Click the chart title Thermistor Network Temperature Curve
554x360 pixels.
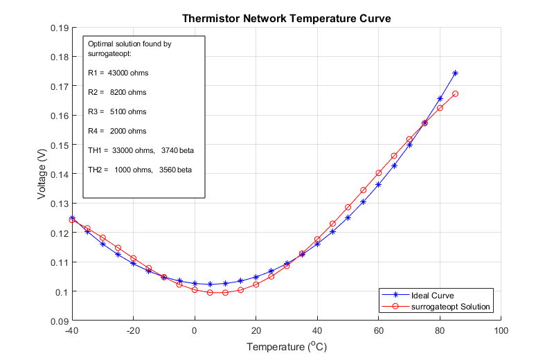pyautogui.click(x=286, y=19)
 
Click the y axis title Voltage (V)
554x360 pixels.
pyautogui.click(x=42, y=174)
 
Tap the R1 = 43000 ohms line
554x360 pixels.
pyautogui.click(x=118, y=73)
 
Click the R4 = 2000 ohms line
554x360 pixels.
pyautogui.click(x=117, y=131)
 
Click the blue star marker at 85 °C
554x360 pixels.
pyautogui.click(x=455, y=73)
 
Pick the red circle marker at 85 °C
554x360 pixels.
pyautogui.click(x=455, y=94)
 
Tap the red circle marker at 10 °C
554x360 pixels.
pyautogui.click(x=225, y=293)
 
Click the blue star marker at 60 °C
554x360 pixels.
pyautogui.click(x=378, y=184)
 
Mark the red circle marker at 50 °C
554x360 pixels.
pyautogui.click(x=348, y=207)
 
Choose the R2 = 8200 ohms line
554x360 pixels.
pyautogui.click(x=117, y=92)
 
